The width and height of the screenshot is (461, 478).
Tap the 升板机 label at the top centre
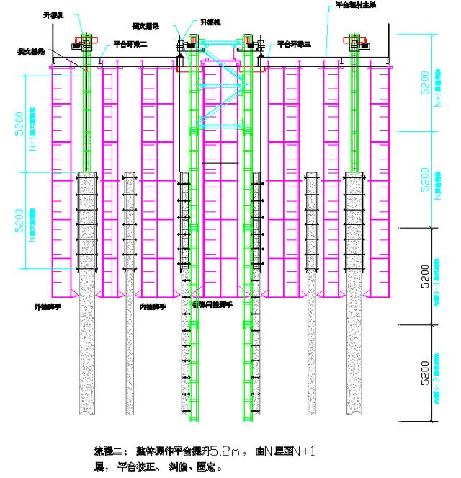213,22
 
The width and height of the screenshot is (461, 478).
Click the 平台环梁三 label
296,43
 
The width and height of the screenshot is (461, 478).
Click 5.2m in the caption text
220,451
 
